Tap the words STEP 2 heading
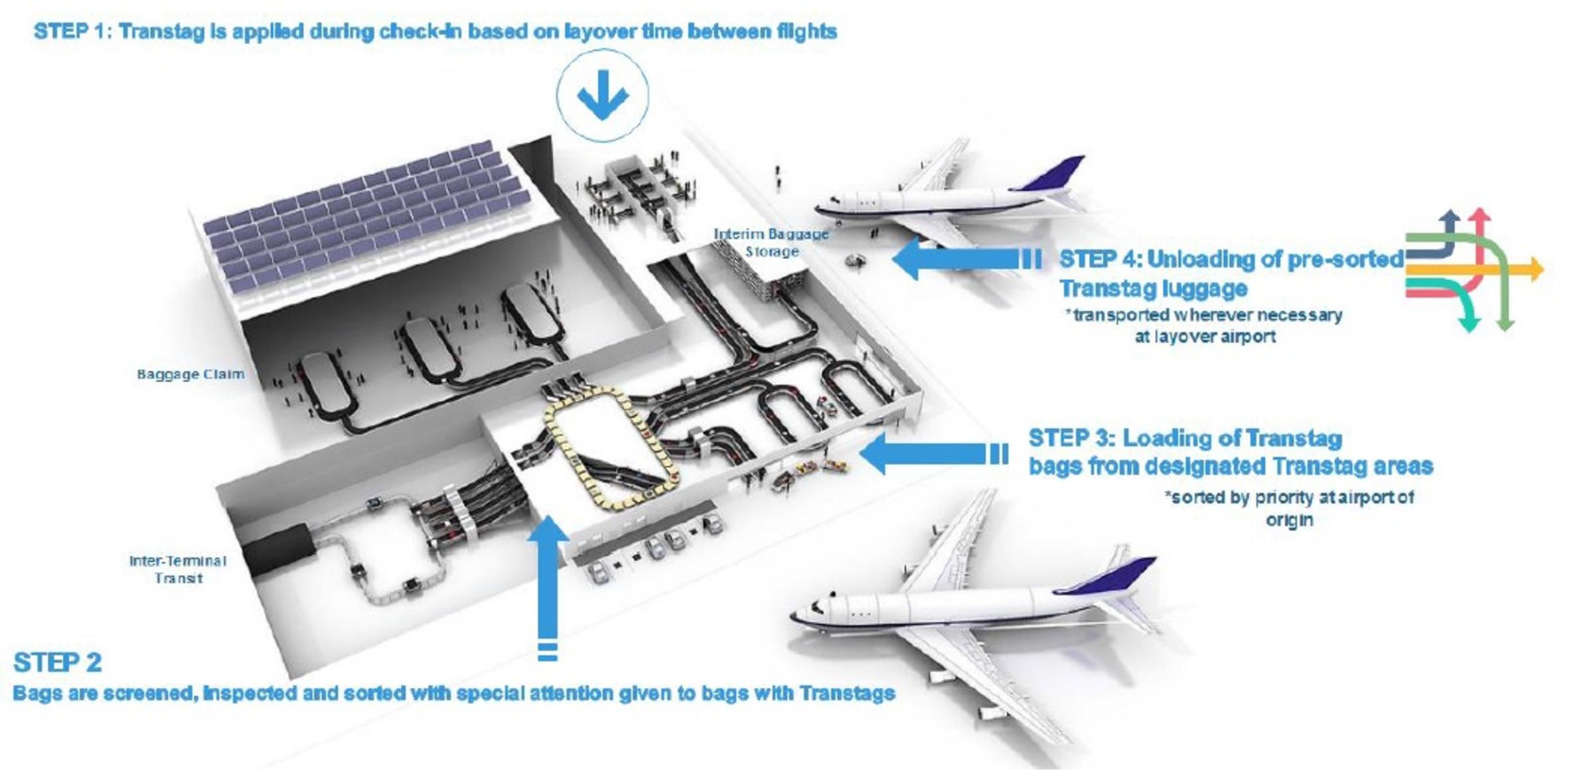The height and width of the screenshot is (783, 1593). pos(58,662)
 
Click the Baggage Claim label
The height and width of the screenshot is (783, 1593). pos(190,374)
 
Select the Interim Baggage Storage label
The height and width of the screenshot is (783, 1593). pos(771,243)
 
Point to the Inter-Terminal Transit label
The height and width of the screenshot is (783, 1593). pos(178,569)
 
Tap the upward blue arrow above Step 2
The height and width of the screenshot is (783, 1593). pos(548,584)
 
